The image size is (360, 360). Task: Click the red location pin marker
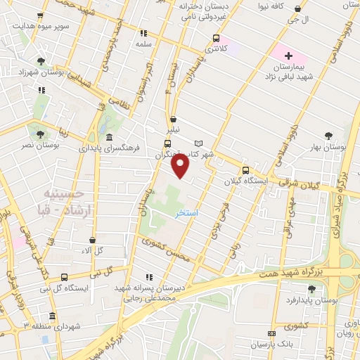click(181, 167)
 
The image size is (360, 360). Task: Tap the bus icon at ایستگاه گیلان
click(245, 170)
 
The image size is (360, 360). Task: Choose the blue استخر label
click(186, 212)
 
